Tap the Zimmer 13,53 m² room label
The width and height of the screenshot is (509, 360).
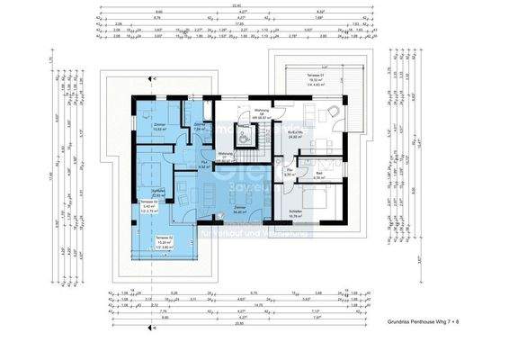coord(159,126)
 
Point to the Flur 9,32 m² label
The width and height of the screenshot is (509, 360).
coord(203,165)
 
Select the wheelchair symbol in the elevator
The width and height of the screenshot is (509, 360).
coord(246,139)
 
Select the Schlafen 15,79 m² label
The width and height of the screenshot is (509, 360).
coord(293,214)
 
